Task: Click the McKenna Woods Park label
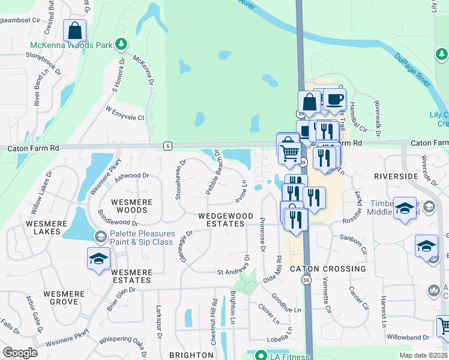click(71, 46)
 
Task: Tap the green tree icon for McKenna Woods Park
click(121, 44)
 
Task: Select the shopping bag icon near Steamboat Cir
click(74, 30)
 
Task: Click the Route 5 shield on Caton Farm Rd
click(167, 146)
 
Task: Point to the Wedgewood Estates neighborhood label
click(221, 219)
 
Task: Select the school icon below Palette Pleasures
click(98, 259)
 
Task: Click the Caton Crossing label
click(328, 269)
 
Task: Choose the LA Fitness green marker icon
click(261, 355)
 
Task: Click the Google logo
click(20, 353)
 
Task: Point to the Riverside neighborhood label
click(396, 176)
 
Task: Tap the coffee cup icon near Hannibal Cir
click(334, 98)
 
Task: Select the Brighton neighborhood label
click(191, 355)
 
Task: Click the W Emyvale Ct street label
click(125, 114)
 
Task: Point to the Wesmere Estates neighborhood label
click(131, 276)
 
